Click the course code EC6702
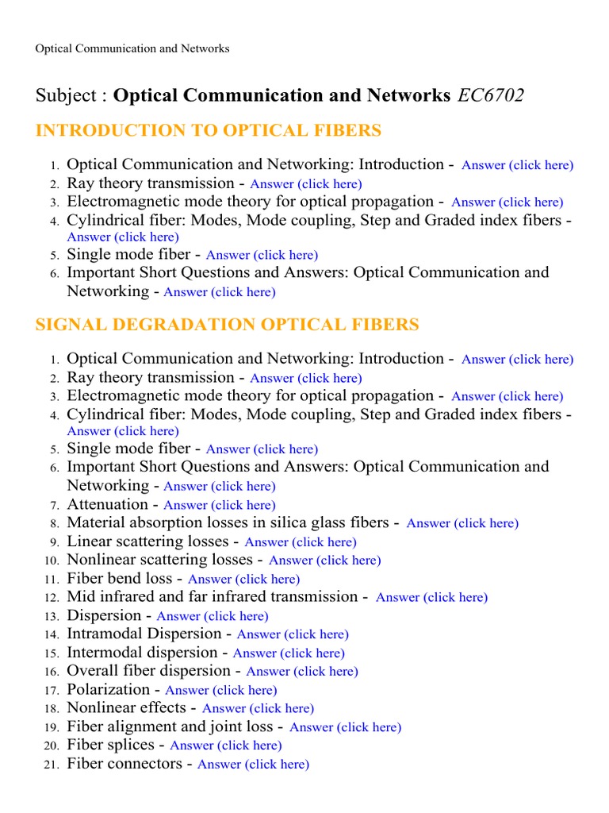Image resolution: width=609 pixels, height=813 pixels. (490, 95)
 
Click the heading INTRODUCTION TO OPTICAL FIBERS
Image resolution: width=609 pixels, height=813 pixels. (209, 130)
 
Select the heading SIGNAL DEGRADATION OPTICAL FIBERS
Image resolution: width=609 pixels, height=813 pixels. (228, 325)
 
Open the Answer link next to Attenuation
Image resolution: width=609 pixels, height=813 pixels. (220, 505)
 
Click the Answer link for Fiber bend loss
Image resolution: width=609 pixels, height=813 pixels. (243, 580)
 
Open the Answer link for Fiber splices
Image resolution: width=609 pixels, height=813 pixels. (226, 746)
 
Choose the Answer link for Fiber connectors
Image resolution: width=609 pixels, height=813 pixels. (253, 765)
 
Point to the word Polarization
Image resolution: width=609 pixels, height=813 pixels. (109, 690)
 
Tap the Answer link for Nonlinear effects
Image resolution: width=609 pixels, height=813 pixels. (258, 708)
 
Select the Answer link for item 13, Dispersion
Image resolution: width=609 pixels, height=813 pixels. (213, 616)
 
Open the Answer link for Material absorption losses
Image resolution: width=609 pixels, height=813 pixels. (462, 523)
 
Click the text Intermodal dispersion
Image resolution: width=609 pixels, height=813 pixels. (142, 653)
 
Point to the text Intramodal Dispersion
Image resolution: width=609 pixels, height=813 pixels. (144, 634)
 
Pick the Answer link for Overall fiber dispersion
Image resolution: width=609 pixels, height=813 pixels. (302, 672)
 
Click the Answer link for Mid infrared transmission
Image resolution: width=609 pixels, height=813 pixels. (431, 598)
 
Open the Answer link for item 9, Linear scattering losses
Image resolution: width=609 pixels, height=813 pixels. (301, 542)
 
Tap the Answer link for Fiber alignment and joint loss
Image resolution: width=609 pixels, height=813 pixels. (346, 727)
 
